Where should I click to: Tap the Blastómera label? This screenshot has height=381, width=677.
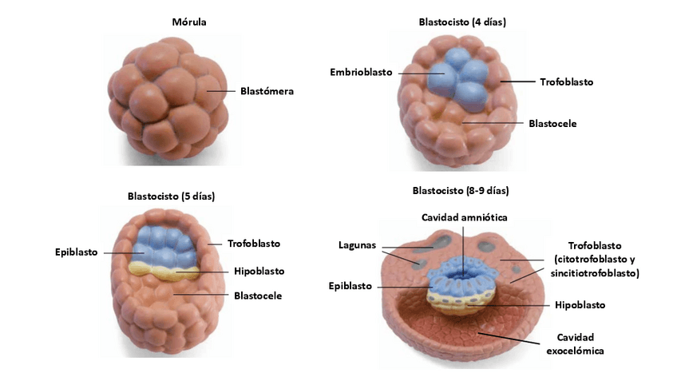pyautogui.click(x=267, y=91)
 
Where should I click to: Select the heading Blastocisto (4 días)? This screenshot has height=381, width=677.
pyautogui.click(x=461, y=22)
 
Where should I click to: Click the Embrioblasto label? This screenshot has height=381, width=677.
pyautogui.click(x=361, y=72)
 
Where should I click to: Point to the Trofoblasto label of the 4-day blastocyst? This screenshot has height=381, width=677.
pyautogui.click(x=566, y=81)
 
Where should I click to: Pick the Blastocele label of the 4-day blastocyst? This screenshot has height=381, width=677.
pyautogui.click(x=552, y=124)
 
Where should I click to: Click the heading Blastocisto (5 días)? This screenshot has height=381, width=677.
pyautogui.click(x=171, y=196)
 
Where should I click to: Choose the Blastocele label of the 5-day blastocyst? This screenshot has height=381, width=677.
pyautogui.click(x=258, y=296)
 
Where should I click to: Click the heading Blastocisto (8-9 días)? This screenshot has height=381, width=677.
pyautogui.click(x=461, y=191)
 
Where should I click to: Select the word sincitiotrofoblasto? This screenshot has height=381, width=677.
pyautogui.click(x=595, y=273)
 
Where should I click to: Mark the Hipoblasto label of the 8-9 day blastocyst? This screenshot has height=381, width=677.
pyautogui.click(x=580, y=305)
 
